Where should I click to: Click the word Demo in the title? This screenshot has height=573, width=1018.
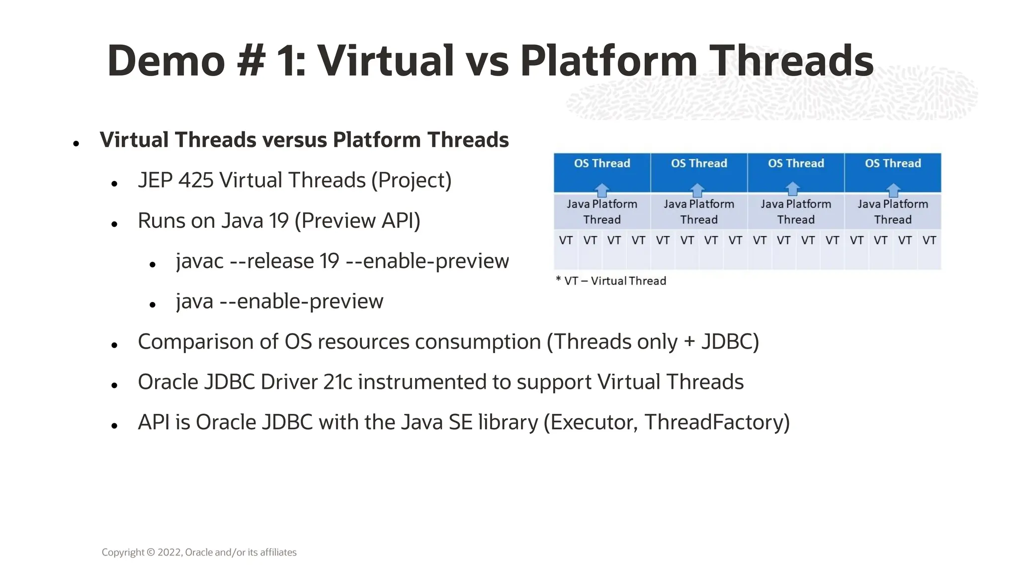166,61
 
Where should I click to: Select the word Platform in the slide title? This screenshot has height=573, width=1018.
608,61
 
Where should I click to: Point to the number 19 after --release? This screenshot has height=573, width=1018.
330,261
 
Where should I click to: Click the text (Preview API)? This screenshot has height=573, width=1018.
357,221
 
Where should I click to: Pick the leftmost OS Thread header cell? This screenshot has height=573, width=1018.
602,164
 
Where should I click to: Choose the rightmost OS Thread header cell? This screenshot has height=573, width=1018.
893,164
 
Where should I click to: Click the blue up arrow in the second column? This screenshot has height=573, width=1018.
697,190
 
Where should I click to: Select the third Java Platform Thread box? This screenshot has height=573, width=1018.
796,212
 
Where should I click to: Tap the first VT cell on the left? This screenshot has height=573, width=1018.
566,241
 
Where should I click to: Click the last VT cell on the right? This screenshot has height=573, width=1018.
929,241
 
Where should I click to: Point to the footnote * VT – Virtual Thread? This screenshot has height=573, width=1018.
611,281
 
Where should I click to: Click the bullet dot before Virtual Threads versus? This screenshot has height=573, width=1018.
76,144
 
